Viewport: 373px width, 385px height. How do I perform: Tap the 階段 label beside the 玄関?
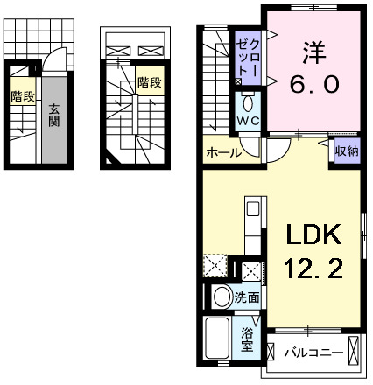point(23,97)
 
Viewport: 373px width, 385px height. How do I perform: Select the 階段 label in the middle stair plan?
point(149,83)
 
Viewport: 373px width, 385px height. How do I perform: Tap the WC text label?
point(247,119)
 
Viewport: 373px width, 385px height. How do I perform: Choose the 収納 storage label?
point(346,152)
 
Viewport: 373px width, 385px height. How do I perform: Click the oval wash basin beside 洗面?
point(221,296)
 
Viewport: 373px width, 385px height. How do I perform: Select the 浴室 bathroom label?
point(248,339)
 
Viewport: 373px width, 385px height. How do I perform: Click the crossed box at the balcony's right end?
point(354,353)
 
